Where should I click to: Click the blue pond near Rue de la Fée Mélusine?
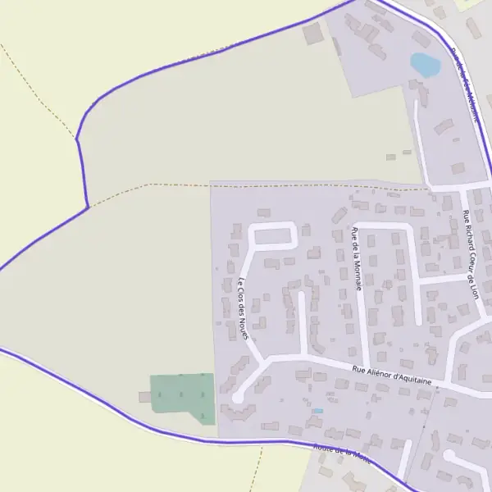tap(425, 64)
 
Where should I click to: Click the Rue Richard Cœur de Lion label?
tap(470, 254)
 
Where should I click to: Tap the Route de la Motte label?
tap(342, 453)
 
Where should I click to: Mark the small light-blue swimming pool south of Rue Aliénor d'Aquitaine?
tap(318, 410)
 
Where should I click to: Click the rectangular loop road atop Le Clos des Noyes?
tap(272, 235)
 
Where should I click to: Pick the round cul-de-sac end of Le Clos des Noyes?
tap(238, 397)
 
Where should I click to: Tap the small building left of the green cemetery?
tap(143, 397)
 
